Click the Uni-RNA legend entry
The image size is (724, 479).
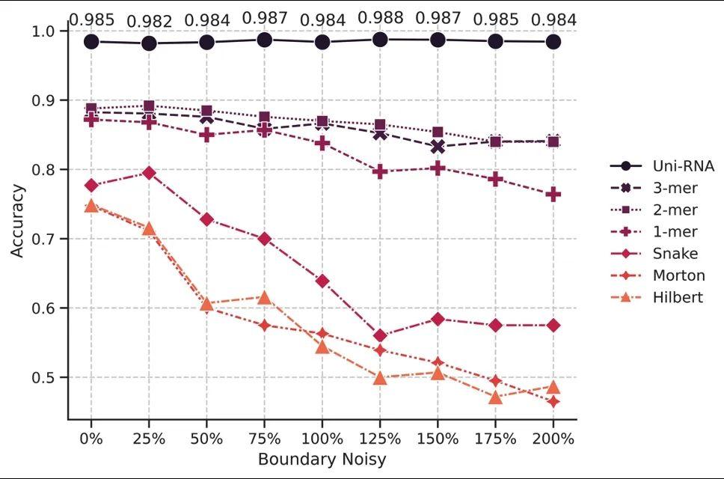(661, 166)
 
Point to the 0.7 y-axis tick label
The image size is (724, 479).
(44, 239)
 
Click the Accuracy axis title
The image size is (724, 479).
(17, 222)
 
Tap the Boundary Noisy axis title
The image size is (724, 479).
(322, 459)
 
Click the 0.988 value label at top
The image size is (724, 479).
(380, 17)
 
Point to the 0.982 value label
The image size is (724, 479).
(149, 22)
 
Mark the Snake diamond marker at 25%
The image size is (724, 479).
(149, 173)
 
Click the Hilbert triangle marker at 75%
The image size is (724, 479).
(264, 297)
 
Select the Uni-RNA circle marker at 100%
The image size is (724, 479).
(322, 42)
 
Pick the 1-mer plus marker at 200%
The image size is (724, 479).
(553, 195)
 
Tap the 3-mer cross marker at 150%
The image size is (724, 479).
(438, 147)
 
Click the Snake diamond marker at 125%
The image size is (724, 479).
(380, 336)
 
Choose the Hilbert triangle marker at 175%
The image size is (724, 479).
(495, 397)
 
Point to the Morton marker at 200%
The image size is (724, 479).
(553, 402)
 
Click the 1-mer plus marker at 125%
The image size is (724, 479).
(380, 172)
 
